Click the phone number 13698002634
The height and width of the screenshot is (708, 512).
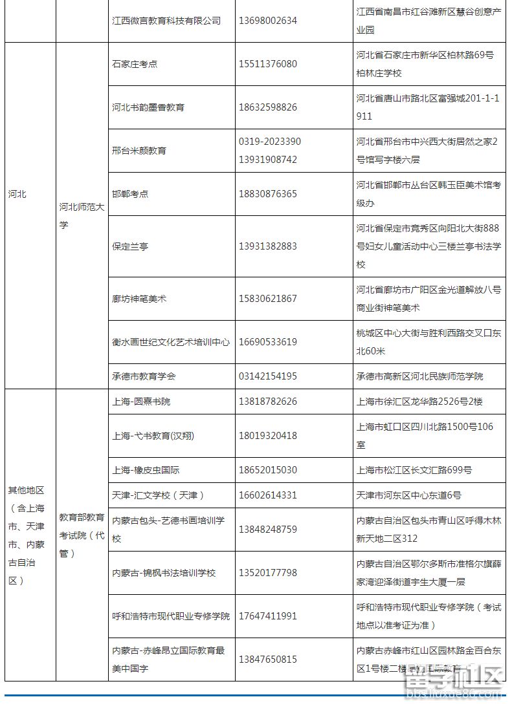point(268,21)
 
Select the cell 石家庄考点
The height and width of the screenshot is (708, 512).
point(135,64)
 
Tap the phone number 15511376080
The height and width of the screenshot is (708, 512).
point(268,64)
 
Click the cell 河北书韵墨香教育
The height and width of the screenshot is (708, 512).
point(148,107)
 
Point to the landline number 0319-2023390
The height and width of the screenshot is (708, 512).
point(270,142)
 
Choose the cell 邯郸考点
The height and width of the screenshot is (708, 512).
point(130,194)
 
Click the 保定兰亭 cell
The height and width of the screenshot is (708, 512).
point(130,246)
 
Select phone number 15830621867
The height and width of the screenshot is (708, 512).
point(268,299)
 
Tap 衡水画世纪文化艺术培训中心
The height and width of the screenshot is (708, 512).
point(171,342)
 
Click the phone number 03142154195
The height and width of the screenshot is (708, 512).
point(268,376)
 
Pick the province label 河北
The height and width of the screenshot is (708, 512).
point(17,194)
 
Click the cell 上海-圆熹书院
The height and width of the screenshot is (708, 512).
point(141,402)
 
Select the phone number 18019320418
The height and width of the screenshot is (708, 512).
point(268,436)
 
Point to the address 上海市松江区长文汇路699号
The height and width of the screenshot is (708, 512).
point(414,470)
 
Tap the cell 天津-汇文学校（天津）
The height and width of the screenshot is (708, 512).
point(158,495)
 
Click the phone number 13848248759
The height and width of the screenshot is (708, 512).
point(268,530)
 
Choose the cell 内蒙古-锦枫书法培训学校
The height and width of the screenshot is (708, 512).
point(164,573)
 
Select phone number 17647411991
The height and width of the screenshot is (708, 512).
point(268,616)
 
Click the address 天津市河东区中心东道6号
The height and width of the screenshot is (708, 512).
point(409,495)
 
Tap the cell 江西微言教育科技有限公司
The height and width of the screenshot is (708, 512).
point(166,21)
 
